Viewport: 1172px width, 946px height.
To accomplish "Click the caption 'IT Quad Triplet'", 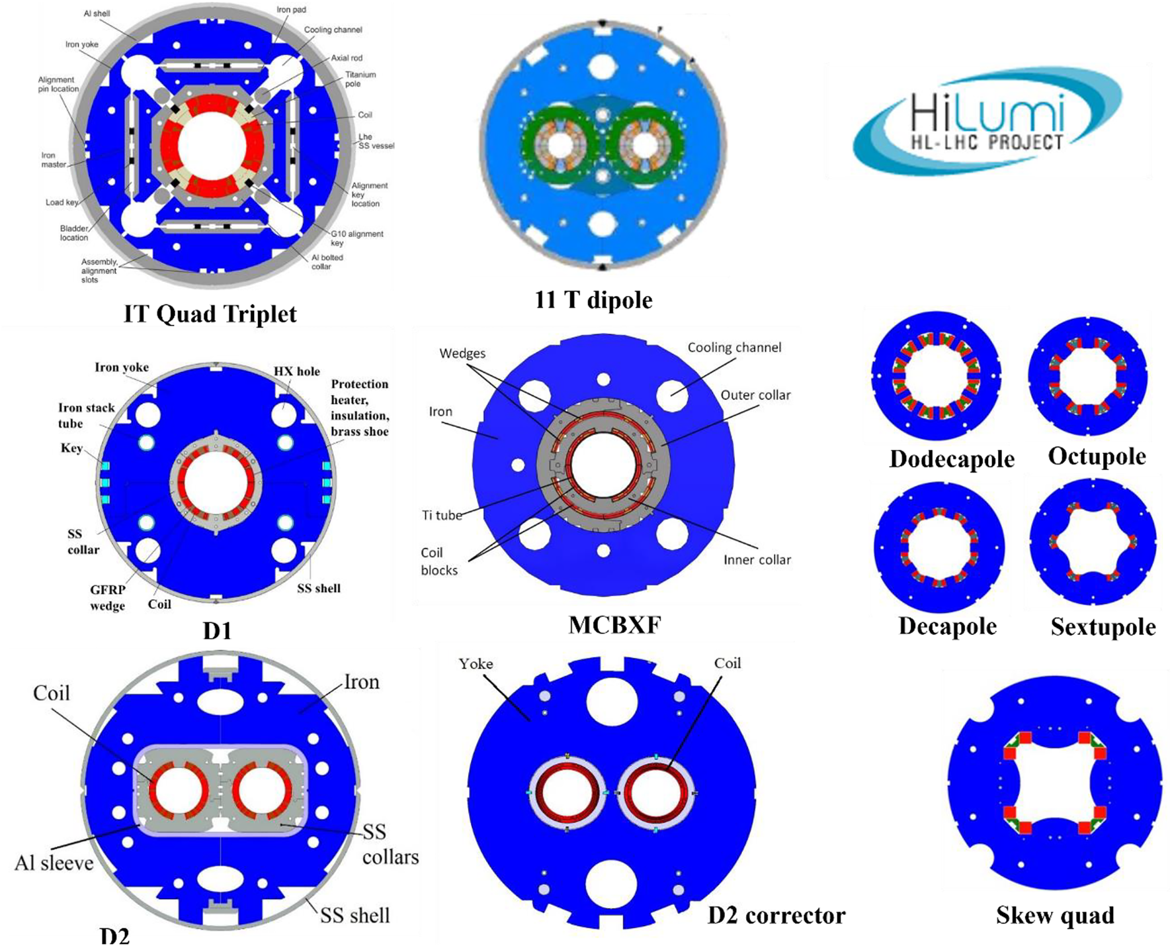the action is [x=210, y=313].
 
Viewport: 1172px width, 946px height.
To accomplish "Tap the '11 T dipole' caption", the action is [x=593, y=300].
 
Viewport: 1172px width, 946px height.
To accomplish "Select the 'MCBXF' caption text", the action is [x=614, y=624].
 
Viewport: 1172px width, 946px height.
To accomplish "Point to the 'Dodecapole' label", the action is [x=951, y=458].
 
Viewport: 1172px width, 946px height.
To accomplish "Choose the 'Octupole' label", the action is [x=1097, y=456].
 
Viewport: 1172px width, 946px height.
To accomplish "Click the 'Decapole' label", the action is [x=947, y=626].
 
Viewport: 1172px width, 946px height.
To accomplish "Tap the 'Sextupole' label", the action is [x=1103, y=626].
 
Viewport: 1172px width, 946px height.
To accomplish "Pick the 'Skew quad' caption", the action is [x=1055, y=915].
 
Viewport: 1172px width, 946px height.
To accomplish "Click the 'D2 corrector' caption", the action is [x=776, y=915].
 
